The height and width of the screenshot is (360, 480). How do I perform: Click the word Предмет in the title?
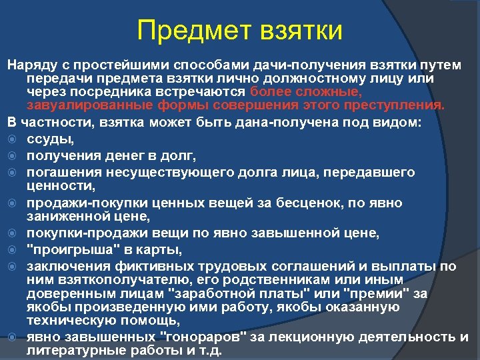[189, 31]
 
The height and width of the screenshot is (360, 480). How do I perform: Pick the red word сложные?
[329, 91]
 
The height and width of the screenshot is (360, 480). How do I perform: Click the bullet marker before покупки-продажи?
[11, 233]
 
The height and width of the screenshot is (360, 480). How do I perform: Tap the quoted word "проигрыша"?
[61, 249]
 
